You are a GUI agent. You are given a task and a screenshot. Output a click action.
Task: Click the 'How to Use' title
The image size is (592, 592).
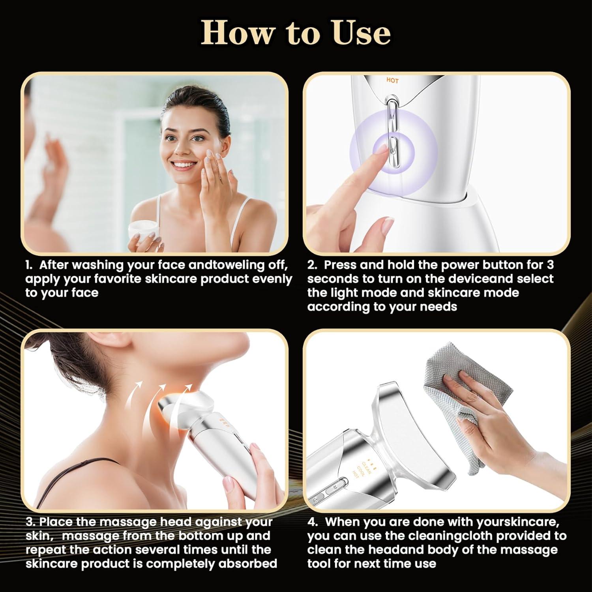[296, 33]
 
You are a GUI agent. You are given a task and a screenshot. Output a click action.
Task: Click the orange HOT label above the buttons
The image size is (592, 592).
[392, 81]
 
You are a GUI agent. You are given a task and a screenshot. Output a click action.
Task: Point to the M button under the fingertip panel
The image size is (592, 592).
[392, 117]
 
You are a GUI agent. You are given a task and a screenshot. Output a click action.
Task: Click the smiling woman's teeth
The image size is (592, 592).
[185, 164]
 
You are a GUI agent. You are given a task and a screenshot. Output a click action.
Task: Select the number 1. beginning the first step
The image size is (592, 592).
[30, 265]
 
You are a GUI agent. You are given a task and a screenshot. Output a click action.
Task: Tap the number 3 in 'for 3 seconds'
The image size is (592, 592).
[550, 265]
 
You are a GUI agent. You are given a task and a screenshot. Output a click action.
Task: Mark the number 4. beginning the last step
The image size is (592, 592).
[313, 522]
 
